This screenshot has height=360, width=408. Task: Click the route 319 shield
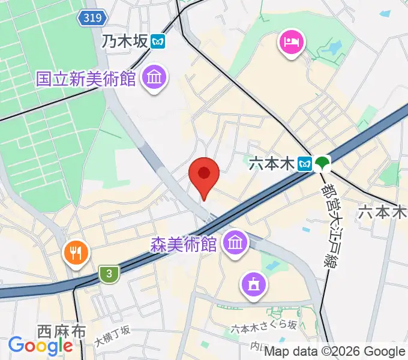[x=92, y=19]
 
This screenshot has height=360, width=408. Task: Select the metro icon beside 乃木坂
[x=158, y=41]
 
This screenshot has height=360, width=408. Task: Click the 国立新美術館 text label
[x=86, y=79]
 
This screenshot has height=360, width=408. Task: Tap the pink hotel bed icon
[x=291, y=43]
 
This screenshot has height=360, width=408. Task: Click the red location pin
[x=203, y=176]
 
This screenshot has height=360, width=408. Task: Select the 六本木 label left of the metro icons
[x=271, y=163]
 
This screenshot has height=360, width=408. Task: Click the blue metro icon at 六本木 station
[x=305, y=163]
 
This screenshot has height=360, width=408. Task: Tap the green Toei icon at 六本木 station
[x=323, y=163]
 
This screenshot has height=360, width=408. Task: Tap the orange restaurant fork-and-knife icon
[x=76, y=253]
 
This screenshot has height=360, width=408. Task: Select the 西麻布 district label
[x=61, y=331]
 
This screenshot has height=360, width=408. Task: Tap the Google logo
[x=40, y=346]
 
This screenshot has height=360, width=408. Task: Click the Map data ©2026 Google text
[x=334, y=352]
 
